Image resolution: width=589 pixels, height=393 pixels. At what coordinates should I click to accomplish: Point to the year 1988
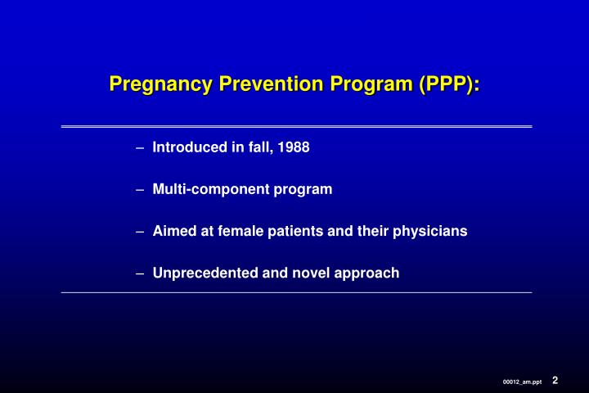(x=294, y=147)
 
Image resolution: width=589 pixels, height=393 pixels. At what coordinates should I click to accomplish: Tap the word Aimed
(x=172, y=231)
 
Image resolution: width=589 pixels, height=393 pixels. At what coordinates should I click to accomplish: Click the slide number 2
(x=555, y=379)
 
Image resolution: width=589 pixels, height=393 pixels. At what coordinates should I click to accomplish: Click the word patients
(x=298, y=231)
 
